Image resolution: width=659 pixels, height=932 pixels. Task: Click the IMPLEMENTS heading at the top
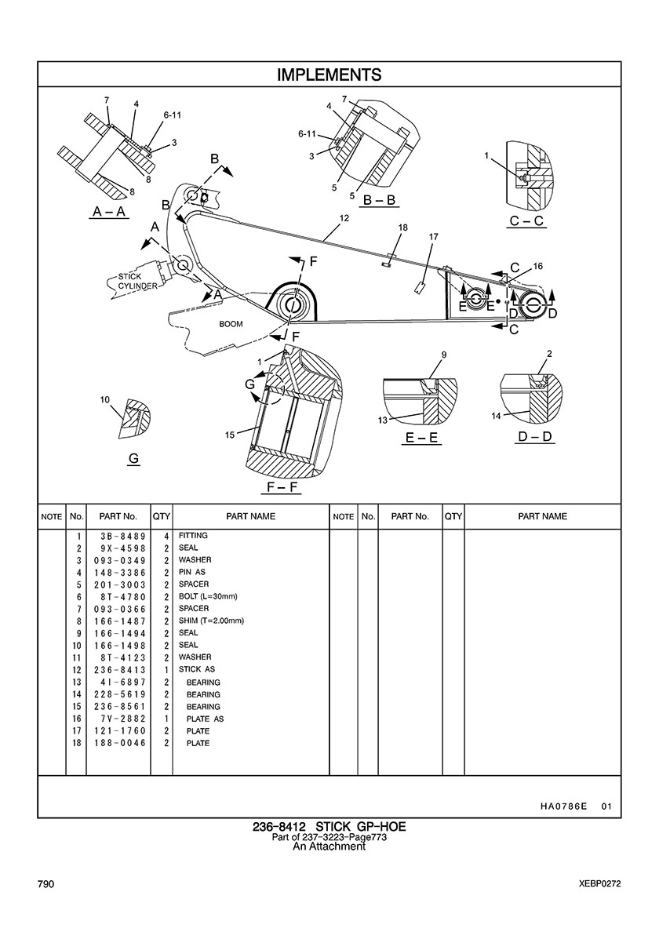(x=329, y=75)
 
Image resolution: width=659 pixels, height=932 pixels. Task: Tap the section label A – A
(x=110, y=212)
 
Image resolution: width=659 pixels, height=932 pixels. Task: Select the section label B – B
(x=378, y=202)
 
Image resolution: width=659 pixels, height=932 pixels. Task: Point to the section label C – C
(x=526, y=221)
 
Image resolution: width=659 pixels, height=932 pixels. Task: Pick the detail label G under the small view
(x=133, y=460)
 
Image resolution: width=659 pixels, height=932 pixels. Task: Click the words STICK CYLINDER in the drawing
(x=137, y=282)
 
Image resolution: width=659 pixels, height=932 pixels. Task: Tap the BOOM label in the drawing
(x=231, y=324)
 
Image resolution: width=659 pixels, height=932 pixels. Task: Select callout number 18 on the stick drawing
(x=402, y=228)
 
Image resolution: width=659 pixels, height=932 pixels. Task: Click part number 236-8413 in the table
(x=118, y=670)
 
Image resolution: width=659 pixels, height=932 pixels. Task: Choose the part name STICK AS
(x=196, y=670)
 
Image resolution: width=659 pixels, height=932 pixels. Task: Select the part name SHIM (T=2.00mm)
(x=211, y=621)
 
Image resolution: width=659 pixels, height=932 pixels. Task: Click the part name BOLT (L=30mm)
(x=207, y=596)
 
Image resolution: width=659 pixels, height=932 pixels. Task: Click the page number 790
(x=46, y=884)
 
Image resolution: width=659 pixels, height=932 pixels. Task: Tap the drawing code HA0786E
(x=563, y=806)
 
